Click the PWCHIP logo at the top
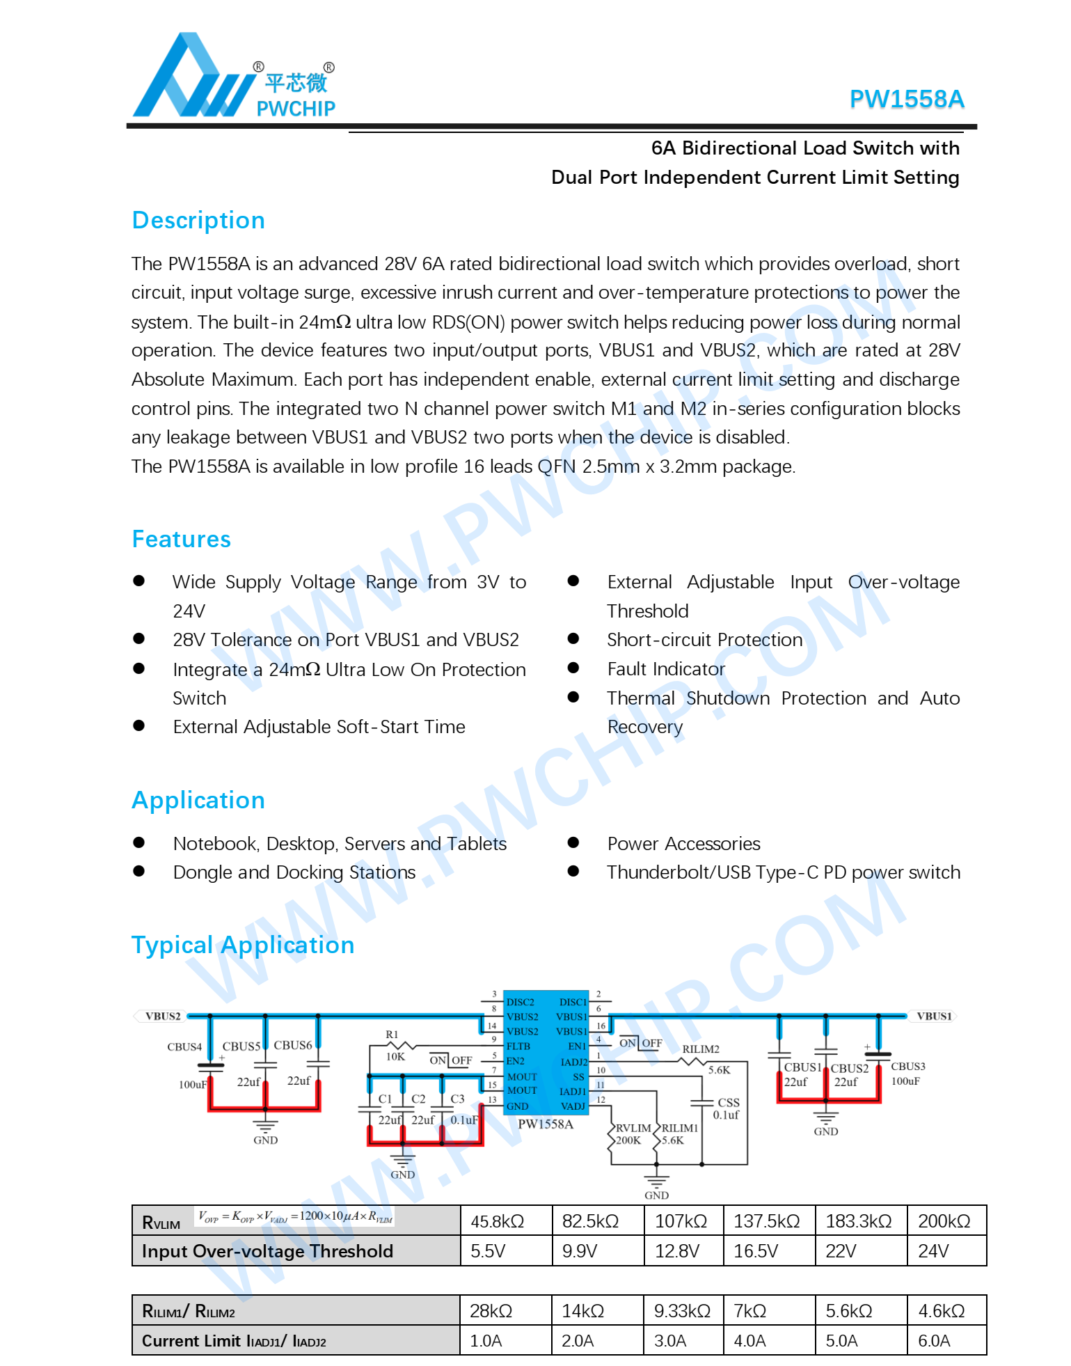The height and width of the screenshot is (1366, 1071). [x=234, y=77]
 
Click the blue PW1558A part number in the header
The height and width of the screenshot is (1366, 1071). [x=906, y=100]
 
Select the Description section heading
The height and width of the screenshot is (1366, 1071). [x=198, y=220]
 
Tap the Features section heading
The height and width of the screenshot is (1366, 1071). [x=182, y=539]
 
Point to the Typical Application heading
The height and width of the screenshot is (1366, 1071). [x=243, y=945]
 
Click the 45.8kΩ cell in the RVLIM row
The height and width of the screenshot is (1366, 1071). [x=497, y=1221]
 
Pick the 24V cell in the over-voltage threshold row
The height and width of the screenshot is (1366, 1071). [x=933, y=1251]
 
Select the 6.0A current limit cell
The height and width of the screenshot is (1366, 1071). [x=934, y=1341]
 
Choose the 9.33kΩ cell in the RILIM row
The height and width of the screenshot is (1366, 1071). [x=682, y=1311]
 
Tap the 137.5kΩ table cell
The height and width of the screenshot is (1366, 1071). [x=766, y=1221]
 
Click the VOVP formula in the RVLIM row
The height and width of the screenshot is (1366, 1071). [x=295, y=1217]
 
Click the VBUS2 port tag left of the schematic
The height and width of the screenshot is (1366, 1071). [x=162, y=1016]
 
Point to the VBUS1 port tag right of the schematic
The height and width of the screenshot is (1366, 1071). [x=933, y=1016]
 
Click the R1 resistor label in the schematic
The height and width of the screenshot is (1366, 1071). [x=392, y=1035]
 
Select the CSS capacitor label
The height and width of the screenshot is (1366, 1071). [x=728, y=1102]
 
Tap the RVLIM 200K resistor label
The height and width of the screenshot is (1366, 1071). [x=632, y=1134]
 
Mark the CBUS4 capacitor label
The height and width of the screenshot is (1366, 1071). [x=184, y=1046]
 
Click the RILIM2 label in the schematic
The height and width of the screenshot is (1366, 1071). [x=700, y=1049]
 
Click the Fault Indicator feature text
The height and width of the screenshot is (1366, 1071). [x=666, y=669]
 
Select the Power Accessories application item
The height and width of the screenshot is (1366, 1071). [x=683, y=844]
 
